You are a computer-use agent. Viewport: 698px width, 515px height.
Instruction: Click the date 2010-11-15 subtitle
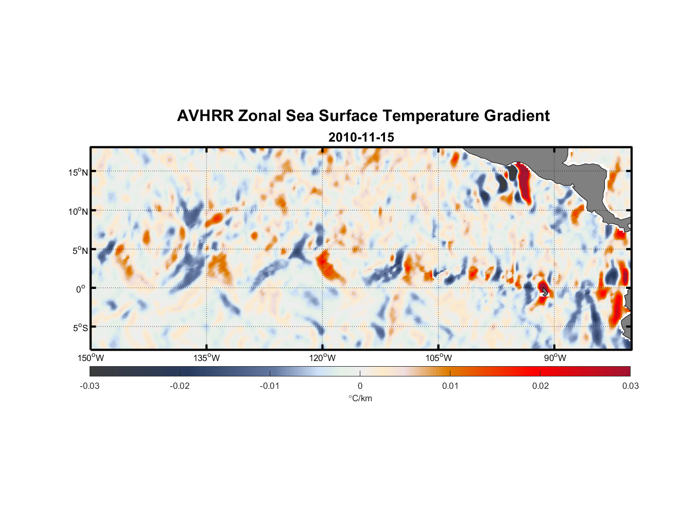click(x=361, y=138)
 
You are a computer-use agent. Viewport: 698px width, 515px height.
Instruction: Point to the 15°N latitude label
click(x=78, y=172)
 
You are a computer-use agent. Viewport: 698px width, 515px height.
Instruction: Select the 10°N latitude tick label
click(x=78, y=211)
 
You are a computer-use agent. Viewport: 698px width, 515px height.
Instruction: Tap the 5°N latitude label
click(x=80, y=250)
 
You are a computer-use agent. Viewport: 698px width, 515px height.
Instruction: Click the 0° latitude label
click(x=81, y=289)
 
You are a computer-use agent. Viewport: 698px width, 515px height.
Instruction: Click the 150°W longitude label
click(x=91, y=358)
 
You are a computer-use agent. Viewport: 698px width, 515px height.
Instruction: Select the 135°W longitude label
click(x=207, y=358)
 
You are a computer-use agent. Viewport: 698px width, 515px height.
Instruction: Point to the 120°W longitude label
click(x=323, y=358)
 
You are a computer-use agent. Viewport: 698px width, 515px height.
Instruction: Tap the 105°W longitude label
click(x=439, y=358)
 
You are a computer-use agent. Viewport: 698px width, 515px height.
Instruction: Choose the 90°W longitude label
click(x=555, y=358)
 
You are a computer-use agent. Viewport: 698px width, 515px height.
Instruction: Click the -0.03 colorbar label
click(x=90, y=386)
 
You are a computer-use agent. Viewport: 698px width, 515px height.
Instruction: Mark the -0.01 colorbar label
click(x=270, y=386)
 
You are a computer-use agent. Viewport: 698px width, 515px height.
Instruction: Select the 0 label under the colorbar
click(x=360, y=386)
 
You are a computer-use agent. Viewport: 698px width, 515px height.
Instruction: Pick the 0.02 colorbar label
click(x=540, y=386)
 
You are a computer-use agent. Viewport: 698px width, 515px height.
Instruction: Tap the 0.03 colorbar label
click(x=630, y=386)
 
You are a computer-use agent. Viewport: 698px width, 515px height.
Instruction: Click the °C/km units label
click(x=360, y=398)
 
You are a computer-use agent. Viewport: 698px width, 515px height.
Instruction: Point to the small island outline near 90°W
click(x=545, y=291)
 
